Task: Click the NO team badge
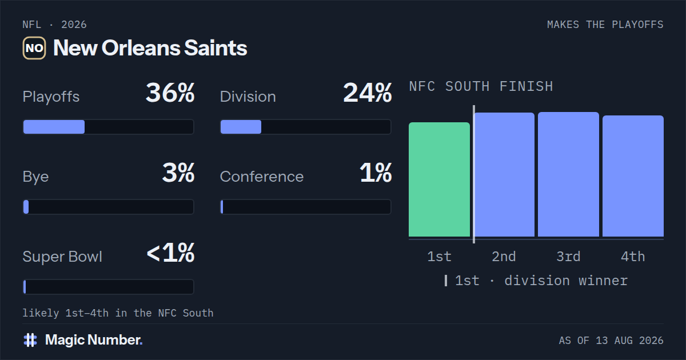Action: pos(34,48)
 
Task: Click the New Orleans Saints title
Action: pos(150,48)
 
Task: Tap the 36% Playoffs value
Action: pos(170,93)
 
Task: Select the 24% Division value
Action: pos(367,93)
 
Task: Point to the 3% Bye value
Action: pos(178,173)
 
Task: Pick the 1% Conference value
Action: pos(376,173)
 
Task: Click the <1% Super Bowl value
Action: pos(170,253)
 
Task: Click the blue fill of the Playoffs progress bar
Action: pos(54,127)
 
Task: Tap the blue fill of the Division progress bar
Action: pos(241,127)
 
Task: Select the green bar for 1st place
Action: pos(439,179)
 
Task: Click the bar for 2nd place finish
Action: pos(504,174)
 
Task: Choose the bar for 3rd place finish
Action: pos(568,174)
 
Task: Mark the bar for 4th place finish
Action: pos(633,176)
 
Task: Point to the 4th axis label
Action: pos(633,257)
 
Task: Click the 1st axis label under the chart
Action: pos(439,257)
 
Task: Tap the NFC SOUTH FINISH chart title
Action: pos(481,86)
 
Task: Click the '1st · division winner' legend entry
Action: pos(536,281)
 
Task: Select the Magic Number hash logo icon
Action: pos(30,340)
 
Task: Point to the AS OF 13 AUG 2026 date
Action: pos(611,341)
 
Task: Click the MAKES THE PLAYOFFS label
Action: pos(605,25)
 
